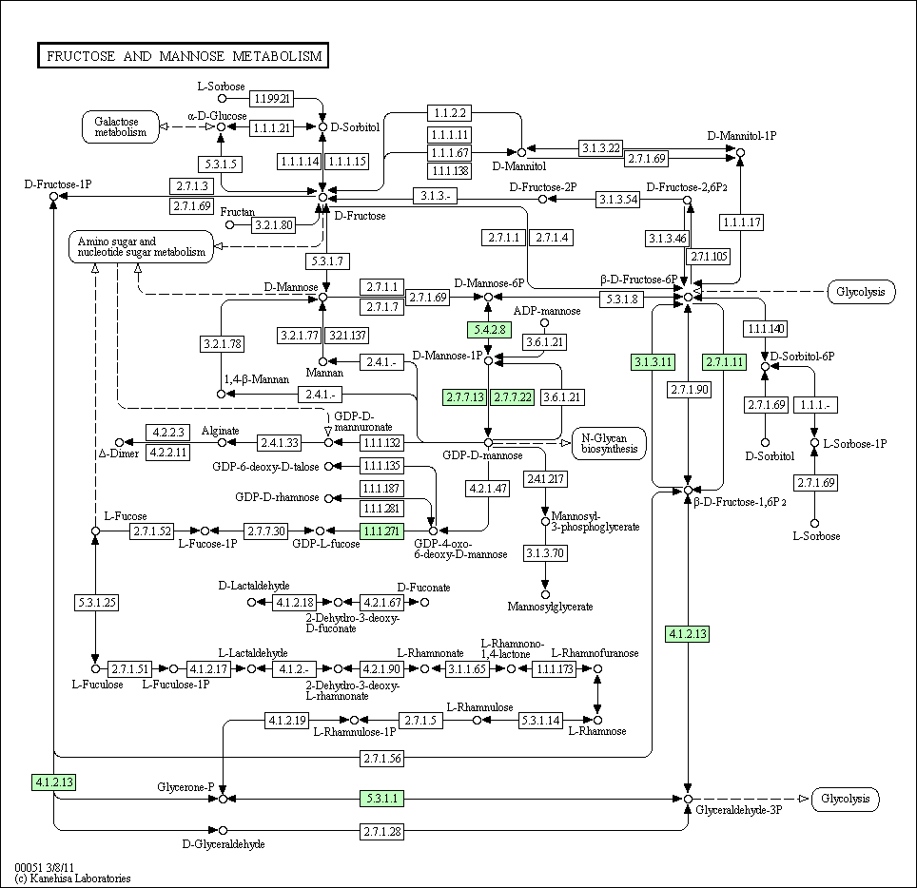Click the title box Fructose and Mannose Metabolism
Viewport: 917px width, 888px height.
183,55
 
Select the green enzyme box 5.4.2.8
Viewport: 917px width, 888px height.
490,330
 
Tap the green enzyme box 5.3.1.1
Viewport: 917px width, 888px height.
381,798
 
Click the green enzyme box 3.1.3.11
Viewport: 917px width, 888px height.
654,362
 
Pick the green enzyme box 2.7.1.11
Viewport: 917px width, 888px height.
725,362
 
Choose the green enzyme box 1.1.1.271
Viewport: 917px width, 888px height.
381,531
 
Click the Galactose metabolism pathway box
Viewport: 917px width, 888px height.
121,126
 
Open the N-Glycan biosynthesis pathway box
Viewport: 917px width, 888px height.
610,443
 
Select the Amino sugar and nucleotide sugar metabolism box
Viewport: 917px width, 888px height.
141,246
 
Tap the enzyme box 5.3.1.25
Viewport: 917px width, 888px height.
97,602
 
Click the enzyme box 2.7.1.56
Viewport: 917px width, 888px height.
382,758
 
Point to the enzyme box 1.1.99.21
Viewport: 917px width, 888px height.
271,98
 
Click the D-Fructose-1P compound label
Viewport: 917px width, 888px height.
58,184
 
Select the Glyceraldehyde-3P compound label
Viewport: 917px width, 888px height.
738,810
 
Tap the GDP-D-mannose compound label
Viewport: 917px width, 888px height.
482,455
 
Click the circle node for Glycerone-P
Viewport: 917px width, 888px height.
223,799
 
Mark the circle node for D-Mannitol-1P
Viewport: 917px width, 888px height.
740,152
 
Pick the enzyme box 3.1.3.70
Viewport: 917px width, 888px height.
545,553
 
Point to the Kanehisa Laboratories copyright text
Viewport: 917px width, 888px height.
72,878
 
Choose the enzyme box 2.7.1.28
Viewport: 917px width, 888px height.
382,831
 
